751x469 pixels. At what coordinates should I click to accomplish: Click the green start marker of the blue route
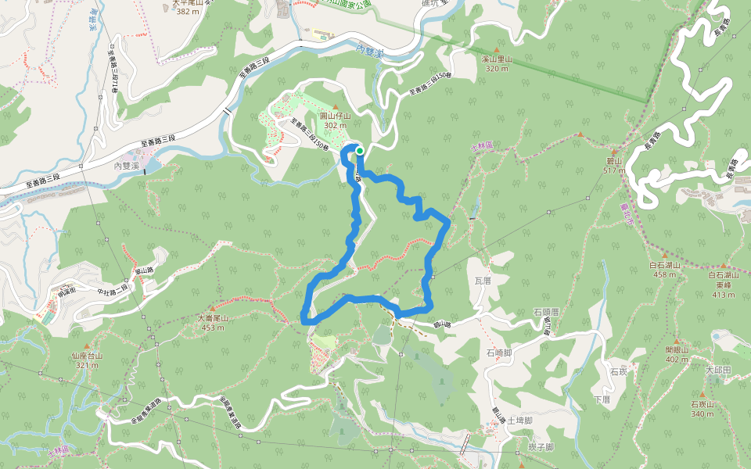point(360,150)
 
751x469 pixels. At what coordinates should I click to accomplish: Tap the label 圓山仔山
point(335,116)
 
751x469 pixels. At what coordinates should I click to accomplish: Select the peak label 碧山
point(613,160)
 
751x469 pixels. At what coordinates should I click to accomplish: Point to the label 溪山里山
point(497,59)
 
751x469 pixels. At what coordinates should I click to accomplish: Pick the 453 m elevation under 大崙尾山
point(212,327)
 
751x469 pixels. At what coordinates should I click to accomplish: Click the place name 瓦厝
point(482,278)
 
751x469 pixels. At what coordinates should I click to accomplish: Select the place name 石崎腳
point(498,353)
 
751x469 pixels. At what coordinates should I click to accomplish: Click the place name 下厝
point(602,399)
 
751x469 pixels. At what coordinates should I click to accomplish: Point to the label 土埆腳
point(519,421)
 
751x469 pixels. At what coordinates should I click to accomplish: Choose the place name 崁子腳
point(541,446)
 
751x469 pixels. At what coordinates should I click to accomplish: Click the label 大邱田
point(717,370)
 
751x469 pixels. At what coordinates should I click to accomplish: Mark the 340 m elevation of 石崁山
point(702,414)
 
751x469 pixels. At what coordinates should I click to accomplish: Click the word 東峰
point(724,285)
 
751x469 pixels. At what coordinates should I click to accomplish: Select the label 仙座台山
point(87,356)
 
